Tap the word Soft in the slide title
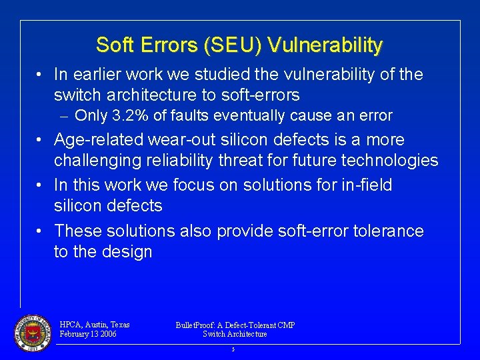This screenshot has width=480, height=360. (x=115, y=45)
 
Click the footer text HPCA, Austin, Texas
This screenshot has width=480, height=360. (x=94, y=325)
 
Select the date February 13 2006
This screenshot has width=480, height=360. (x=87, y=334)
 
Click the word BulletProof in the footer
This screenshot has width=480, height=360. (x=198, y=325)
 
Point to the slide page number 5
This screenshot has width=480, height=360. (x=233, y=349)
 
